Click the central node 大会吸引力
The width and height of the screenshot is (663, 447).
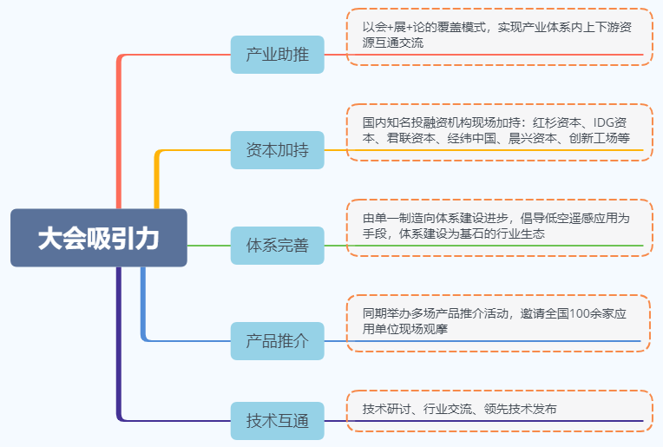pyautogui.click(x=98, y=238)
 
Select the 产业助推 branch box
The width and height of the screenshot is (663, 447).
pyautogui.click(x=277, y=55)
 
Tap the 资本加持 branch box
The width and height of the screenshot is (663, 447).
pyautogui.click(x=277, y=150)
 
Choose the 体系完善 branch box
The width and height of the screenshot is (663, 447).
pyautogui.click(x=277, y=246)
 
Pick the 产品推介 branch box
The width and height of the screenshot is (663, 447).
pyautogui.click(x=277, y=340)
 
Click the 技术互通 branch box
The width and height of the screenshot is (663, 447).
pyautogui.click(x=277, y=421)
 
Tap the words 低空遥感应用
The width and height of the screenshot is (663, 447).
pyautogui.click(x=567, y=218)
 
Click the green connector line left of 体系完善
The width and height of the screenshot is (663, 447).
pyautogui.click(x=208, y=246)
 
